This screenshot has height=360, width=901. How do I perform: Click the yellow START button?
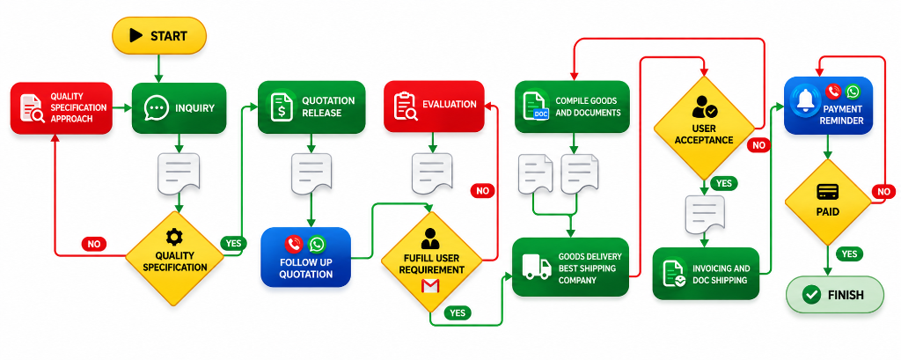coord(159,36)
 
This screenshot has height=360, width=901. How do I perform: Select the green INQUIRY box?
coord(179,108)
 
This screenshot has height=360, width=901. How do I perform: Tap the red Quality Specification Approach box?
coord(61,108)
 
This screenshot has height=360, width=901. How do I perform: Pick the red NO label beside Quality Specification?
coord(93,244)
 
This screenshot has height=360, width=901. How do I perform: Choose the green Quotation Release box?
coord(312,107)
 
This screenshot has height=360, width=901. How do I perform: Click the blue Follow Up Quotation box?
coord(305,257)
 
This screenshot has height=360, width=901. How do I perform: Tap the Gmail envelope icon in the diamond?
coord(430,286)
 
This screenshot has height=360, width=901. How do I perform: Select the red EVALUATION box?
coord(434,106)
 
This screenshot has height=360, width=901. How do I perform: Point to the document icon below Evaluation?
coord(431,173)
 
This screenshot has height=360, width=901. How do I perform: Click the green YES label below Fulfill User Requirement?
coord(458,312)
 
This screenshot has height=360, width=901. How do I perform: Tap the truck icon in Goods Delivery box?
coord(536,268)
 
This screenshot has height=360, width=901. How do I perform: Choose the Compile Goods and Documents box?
coord(572,107)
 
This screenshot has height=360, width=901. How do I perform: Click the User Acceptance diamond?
coord(704,128)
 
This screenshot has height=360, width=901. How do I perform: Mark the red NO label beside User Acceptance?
coord(759,145)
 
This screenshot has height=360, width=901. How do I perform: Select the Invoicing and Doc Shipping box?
coord(707,274)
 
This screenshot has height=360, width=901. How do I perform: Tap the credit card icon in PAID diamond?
coord(827,192)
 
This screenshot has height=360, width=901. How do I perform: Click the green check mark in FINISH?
coord(811,295)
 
